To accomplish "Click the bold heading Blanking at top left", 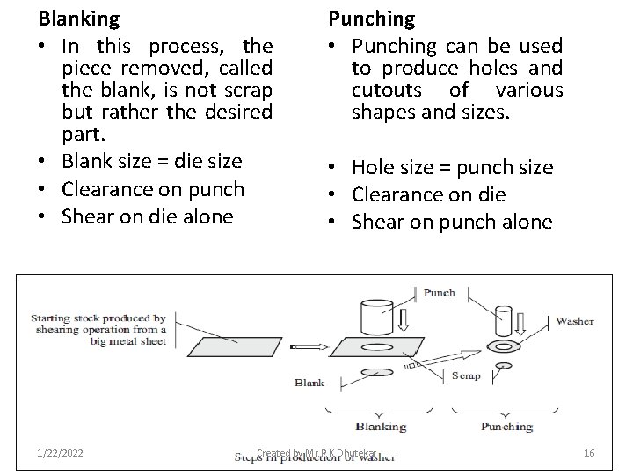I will pos(78,17).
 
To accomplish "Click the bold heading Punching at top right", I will pos(371,17).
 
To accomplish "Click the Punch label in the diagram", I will pos(440,292).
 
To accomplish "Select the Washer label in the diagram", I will pos(574,320).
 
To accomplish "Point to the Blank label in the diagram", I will pos(309,383).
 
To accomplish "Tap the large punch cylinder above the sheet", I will pos(381,318).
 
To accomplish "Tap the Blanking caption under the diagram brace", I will pos(380,427).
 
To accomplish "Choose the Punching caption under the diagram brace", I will pos(506,427).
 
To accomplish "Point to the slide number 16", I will pos(589,452).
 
